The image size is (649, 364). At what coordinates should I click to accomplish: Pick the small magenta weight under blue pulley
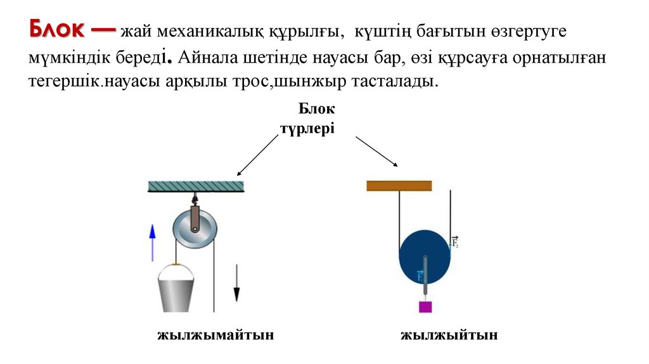coord(425,307)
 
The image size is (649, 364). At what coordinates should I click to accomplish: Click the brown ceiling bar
coord(399,186)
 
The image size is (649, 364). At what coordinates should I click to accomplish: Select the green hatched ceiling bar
coord(196,186)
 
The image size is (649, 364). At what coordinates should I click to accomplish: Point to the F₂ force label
coord(454,241)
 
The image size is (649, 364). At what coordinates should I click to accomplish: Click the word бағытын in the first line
coord(439,32)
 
